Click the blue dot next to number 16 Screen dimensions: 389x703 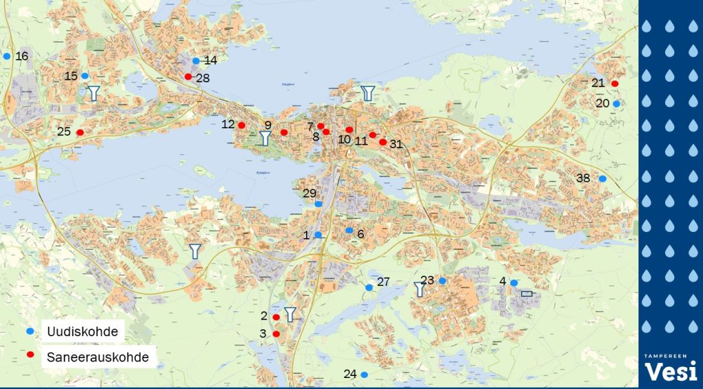tap(7, 56)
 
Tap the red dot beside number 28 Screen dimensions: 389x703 tap(188, 77)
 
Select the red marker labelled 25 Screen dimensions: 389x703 tap(80, 132)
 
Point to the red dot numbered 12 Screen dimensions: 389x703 tap(242, 125)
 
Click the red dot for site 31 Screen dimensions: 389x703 tap(382, 142)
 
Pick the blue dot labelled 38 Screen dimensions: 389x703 tap(602, 179)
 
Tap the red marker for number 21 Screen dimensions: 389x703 tap(614, 84)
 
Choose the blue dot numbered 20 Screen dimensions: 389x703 tap(616, 104)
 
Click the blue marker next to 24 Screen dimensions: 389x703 tap(365, 375)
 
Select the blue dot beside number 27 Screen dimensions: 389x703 tap(369, 287)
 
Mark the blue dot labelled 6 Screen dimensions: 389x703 tap(349, 231)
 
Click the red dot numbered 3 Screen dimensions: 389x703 tap(276, 334)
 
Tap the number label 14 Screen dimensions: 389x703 tap(211, 60)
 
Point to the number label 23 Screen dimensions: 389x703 tap(427, 280)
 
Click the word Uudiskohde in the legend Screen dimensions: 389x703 tap(82, 332)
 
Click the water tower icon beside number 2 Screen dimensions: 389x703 tap(290, 315)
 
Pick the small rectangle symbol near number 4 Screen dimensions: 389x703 tap(527, 294)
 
